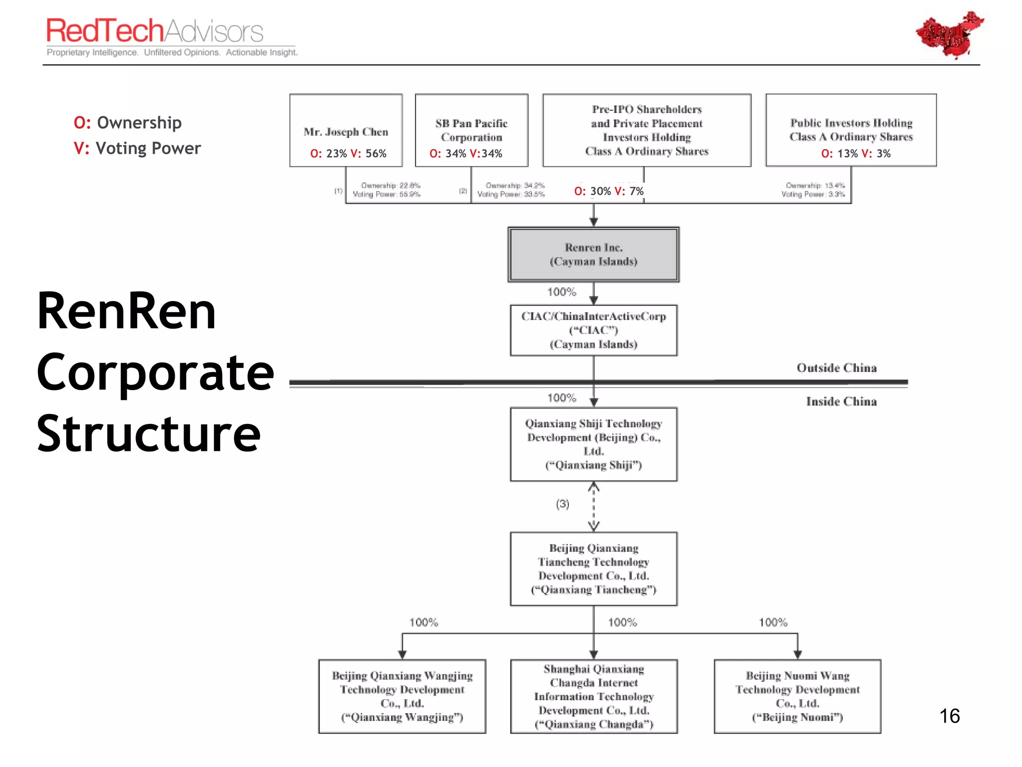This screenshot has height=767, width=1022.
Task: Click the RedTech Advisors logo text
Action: coord(155,31)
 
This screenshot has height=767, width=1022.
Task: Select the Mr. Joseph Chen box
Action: coord(346,131)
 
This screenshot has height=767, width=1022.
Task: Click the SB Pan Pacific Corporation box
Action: coord(472,130)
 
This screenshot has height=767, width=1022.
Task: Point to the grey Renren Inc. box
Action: coord(593,255)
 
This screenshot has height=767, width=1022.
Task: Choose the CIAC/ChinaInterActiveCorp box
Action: coord(593,330)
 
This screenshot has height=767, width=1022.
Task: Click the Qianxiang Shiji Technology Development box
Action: coord(593,444)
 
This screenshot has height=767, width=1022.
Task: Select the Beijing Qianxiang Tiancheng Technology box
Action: coord(593,569)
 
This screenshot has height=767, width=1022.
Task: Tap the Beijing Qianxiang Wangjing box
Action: coord(402,696)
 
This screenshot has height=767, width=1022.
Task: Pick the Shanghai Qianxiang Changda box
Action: coord(593,696)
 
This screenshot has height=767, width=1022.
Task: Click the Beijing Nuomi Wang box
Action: coord(797,696)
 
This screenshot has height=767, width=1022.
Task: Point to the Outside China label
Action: coord(836,368)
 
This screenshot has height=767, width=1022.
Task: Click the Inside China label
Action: coord(841,401)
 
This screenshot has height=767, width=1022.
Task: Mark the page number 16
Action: coord(949,716)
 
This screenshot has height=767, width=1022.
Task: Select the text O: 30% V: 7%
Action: coord(609,191)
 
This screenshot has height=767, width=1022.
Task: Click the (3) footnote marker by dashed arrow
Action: coord(562,504)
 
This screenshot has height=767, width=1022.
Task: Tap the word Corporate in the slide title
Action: coord(155,373)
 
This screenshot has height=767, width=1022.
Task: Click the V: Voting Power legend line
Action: coord(137,148)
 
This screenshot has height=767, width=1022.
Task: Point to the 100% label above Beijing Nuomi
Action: coord(773,622)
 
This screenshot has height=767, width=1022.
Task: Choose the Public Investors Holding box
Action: coord(851,130)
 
